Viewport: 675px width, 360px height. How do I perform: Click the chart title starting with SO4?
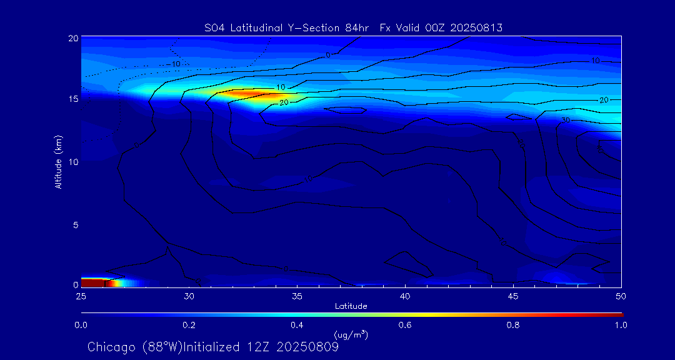pos(353,27)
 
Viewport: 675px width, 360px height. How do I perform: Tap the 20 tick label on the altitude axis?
pos(72,38)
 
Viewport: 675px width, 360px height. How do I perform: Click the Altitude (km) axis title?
pos(59,162)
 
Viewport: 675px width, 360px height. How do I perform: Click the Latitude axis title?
pos(351,306)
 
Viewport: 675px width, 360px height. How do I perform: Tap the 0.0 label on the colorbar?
pos(81,325)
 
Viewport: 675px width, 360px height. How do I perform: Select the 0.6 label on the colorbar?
pos(405,325)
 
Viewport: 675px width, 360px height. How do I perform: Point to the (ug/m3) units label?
pos(351,334)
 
